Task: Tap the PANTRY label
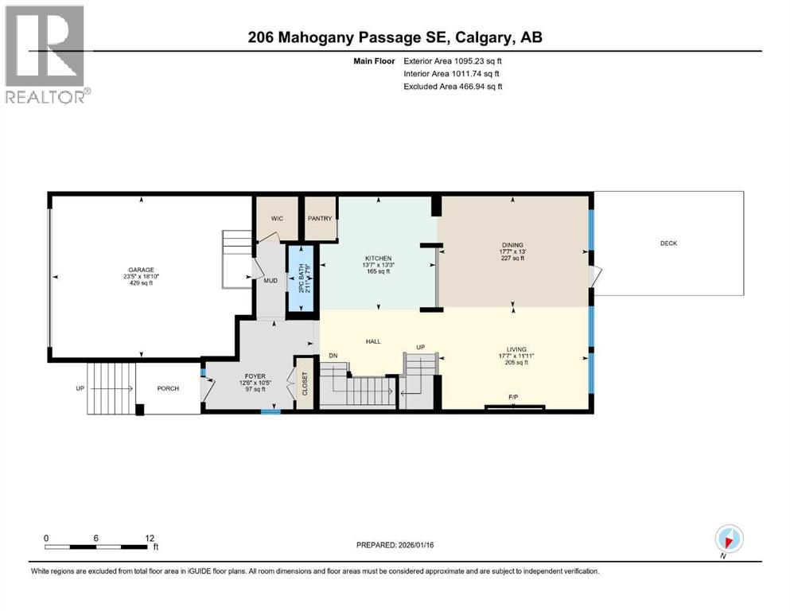[x=320, y=218]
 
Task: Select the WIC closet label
[x=277, y=218]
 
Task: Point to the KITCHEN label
[x=378, y=259]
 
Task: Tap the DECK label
[x=668, y=243]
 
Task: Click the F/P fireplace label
[x=514, y=395]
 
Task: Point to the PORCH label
[x=168, y=388]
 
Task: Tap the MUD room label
[x=270, y=281]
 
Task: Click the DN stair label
[x=333, y=356]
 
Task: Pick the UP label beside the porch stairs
[x=80, y=388]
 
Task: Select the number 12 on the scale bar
[x=150, y=538]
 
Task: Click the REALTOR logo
[x=46, y=54]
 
